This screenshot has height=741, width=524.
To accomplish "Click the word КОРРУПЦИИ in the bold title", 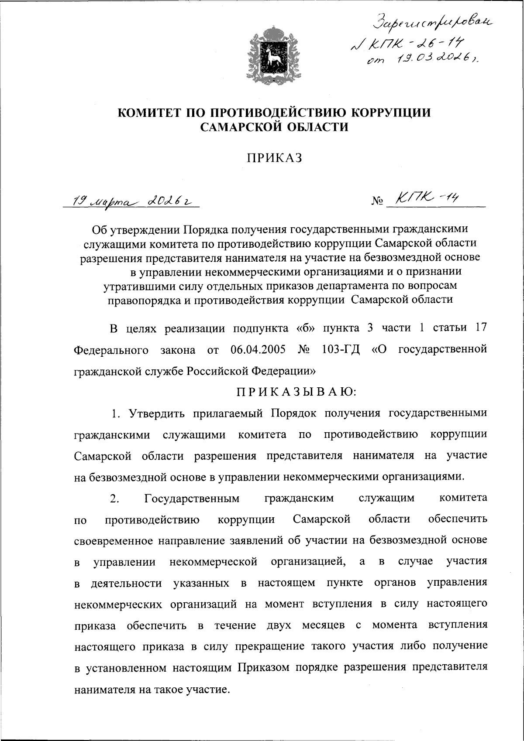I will [x=391, y=113].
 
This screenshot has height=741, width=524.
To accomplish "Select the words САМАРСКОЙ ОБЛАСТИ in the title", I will [x=274, y=127].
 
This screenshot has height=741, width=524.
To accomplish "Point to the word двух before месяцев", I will [x=279, y=625].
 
